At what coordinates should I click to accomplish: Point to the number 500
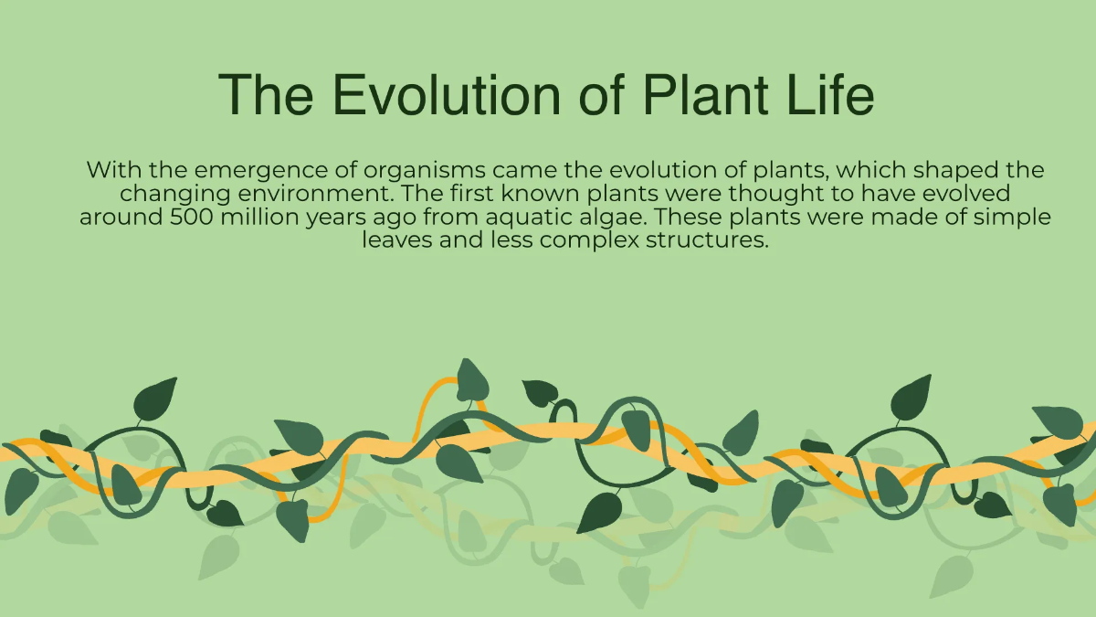point(195,218)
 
